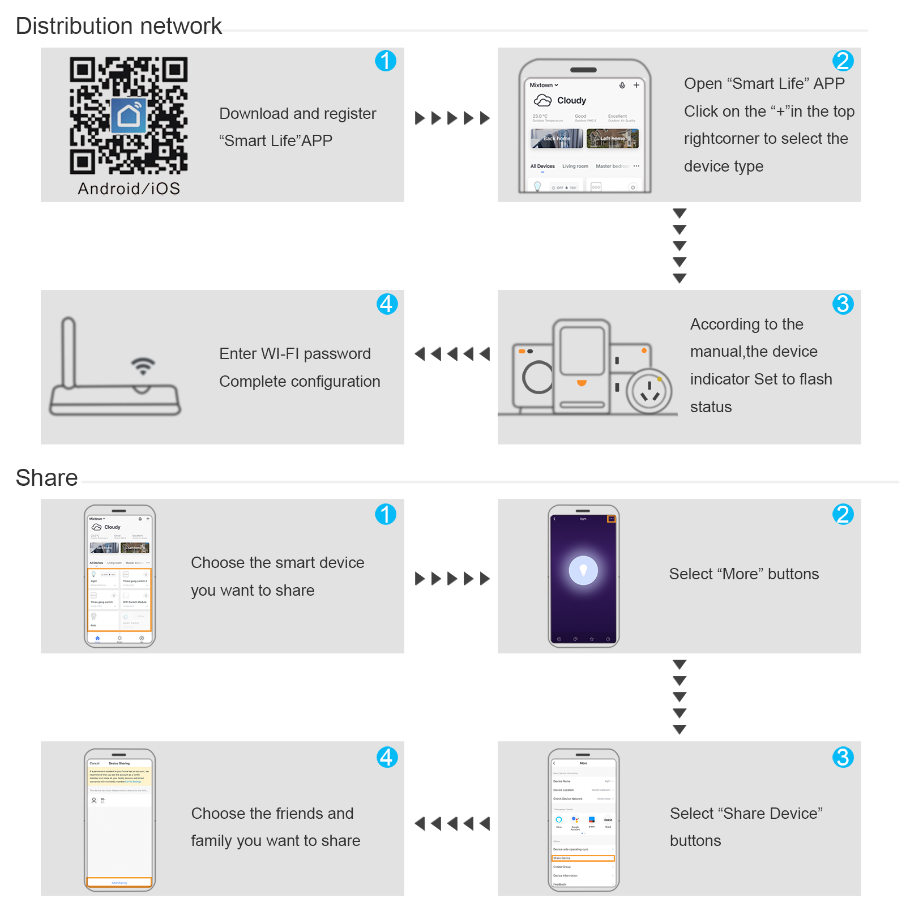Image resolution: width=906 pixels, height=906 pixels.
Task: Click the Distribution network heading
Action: tap(119, 26)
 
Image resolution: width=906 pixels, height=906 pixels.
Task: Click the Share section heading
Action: tap(46, 478)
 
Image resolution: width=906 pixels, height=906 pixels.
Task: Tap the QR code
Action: tap(129, 116)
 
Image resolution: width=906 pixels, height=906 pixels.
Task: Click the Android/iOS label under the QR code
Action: tap(129, 189)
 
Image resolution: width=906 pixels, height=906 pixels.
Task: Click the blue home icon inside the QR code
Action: tap(129, 116)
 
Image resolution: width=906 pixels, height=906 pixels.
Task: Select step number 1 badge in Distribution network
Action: tap(386, 61)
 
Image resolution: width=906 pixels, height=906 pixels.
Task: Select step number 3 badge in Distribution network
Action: tap(843, 304)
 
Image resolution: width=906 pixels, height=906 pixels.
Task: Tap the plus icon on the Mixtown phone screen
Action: tap(636, 86)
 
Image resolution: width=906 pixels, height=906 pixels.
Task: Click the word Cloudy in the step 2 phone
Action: tap(571, 101)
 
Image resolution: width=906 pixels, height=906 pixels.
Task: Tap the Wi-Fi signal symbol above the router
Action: tap(143, 366)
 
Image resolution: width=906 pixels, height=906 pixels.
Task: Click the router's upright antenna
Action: tap(69, 352)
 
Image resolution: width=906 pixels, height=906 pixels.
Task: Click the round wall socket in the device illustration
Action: tap(649, 391)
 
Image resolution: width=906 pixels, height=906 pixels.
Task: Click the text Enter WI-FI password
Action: tap(294, 354)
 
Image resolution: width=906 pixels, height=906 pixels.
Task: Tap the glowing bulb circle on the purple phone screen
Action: tap(583, 570)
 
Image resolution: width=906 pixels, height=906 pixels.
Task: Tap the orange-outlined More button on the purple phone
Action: tap(611, 519)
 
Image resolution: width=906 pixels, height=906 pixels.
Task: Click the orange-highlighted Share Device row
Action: tap(583, 858)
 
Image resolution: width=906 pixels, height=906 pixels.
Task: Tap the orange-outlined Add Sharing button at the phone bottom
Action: tap(119, 882)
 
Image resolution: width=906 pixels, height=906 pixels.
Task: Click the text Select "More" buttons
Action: tap(743, 574)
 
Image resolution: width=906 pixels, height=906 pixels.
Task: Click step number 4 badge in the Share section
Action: tap(387, 757)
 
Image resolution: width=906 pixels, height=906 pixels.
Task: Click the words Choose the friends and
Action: tap(272, 814)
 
